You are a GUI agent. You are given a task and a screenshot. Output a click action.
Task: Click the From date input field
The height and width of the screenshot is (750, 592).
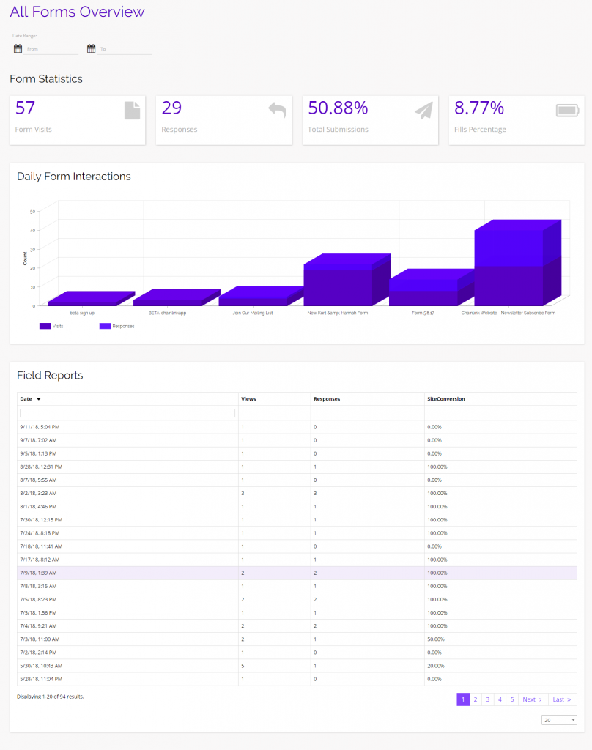51,49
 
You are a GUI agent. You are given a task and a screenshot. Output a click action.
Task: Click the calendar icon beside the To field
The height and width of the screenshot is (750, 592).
92,49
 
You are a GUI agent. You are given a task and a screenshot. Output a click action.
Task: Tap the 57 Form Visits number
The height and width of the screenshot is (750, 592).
26,108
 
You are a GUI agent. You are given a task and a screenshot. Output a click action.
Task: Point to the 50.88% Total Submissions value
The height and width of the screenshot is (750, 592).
338,108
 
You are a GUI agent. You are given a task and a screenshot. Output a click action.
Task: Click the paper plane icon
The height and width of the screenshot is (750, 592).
423,111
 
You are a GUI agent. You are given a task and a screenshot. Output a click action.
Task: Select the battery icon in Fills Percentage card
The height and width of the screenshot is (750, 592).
567,111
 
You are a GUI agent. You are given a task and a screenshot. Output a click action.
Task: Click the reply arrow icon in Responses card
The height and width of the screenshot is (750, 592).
277,111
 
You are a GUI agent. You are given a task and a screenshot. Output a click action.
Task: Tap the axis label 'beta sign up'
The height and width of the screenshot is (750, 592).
82,313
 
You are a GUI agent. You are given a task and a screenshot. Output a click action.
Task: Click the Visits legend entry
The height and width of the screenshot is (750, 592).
53,326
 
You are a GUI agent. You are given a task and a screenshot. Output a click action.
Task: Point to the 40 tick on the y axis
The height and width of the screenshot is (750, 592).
32,230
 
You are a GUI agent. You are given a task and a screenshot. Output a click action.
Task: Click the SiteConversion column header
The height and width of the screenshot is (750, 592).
446,399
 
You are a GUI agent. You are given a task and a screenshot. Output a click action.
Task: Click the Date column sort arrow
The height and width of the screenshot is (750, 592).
38,399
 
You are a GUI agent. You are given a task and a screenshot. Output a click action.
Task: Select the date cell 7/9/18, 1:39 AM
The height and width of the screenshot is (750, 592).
40,573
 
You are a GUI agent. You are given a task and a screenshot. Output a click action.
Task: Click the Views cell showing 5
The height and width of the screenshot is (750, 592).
243,665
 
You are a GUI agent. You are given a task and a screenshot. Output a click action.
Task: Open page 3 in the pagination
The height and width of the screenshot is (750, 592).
487,699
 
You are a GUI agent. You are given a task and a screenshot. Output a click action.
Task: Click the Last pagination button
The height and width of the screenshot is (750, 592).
561,699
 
